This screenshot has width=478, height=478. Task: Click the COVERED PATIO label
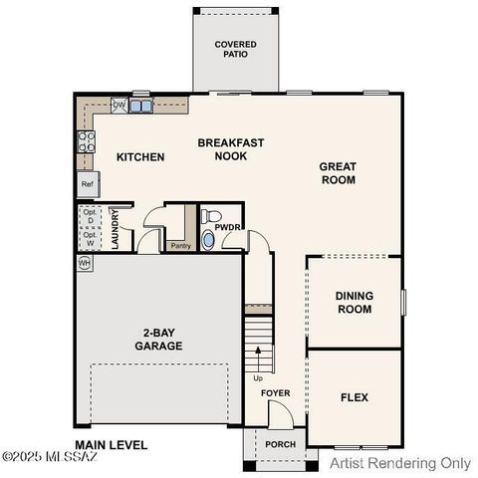tap(236, 49)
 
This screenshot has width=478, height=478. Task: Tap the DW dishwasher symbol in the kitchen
tap(119, 105)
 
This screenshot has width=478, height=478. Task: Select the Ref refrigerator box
tap(87, 184)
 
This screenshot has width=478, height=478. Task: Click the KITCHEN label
tap(140, 157)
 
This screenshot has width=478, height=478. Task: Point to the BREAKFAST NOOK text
tap(231, 149)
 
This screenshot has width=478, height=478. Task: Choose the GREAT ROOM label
tap(337, 173)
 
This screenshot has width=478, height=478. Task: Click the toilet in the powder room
tap(210, 216)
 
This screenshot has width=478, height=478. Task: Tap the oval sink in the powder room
tap(207, 239)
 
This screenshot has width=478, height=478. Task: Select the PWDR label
tap(228, 227)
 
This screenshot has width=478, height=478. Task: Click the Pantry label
tap(180, 245)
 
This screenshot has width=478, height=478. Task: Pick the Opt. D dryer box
tap(90, 217)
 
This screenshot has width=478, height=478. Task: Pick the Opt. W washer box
tap(90, 239)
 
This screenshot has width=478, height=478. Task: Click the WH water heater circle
tap(85, 263)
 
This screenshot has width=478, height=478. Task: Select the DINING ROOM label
tap(354, 302)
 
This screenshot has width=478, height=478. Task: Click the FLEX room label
tap(355, 397)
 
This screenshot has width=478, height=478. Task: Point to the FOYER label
tap(276, 393)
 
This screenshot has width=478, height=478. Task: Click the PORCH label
tap(280, 444)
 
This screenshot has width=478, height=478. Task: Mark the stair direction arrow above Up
tap(259, 356)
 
